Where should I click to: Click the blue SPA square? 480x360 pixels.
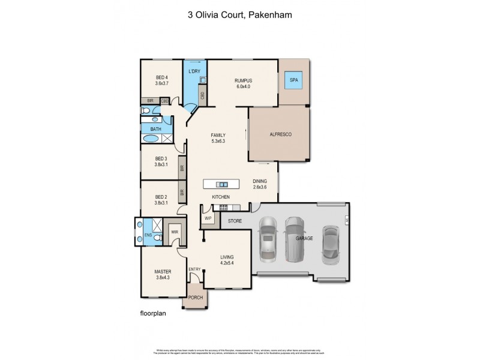[294, 80]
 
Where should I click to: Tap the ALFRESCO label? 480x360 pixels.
[280, 134]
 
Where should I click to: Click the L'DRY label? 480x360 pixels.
[194, 72]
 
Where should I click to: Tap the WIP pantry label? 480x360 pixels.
[208, 218]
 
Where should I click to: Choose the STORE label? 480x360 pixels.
[235, 221]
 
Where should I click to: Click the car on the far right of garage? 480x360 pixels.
[331, 245]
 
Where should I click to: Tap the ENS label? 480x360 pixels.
[148, 235]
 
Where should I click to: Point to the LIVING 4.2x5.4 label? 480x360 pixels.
[226, 260]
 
